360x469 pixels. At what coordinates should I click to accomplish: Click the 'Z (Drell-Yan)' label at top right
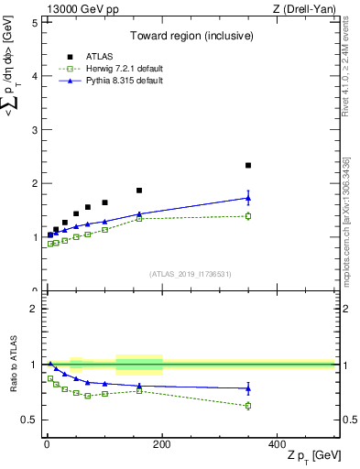(307, 9)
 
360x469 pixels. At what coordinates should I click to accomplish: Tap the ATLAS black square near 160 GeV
(139, 191)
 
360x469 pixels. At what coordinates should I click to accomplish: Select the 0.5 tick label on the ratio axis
(29, 420)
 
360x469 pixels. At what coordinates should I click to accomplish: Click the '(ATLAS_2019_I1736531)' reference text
(190, 274)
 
